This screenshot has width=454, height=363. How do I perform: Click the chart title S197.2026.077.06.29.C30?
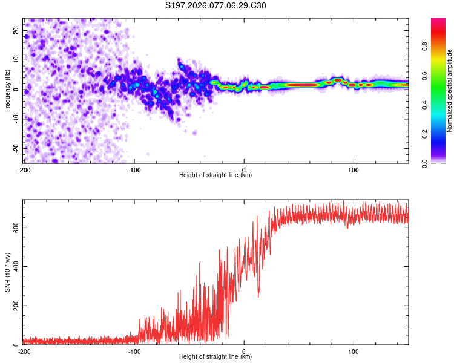point(215,6)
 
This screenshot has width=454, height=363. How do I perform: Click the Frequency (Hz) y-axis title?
point(8,90)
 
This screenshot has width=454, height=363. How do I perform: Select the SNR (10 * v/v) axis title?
point(8,272)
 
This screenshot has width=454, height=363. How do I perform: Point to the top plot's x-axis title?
point(215,175)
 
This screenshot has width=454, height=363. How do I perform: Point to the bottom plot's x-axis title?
point(215,356)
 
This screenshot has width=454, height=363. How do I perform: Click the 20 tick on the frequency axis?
point(16,31)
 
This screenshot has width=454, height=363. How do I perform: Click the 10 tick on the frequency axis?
point(16,60)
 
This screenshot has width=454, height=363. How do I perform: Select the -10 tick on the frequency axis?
point(15,119)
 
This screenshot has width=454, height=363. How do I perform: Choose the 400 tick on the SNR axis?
point(15,266)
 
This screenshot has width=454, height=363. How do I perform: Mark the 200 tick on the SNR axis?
point(15,306)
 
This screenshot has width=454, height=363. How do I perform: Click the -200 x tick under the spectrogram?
point(24,170)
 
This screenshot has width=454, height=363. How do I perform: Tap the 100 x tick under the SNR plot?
point(354,352)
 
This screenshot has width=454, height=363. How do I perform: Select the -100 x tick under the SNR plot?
point(134,352)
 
